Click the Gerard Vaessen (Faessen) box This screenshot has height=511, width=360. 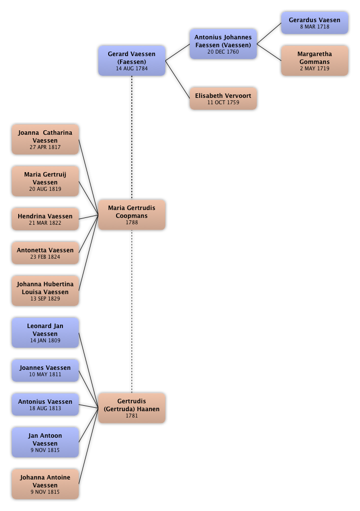(132, 60)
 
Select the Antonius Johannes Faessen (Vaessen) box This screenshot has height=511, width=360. (223, 44)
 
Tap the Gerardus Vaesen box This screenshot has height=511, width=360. (315, 23)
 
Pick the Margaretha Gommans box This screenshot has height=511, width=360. (315, 61)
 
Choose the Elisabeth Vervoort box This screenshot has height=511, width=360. (223, 99)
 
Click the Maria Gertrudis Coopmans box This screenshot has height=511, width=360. (132, 215)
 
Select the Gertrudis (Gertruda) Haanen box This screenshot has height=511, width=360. (132, 408)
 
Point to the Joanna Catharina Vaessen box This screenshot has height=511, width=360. (45, 140)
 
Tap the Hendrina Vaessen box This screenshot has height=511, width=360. (45, 219)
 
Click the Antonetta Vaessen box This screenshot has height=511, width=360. (45, 253)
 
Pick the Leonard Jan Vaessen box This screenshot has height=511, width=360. (45, 333)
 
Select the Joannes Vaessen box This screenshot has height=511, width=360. (45, 370)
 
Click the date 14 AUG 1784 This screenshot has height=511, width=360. (132, 69)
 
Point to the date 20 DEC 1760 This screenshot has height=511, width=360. (223, 52)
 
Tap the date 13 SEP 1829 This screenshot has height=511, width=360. (45, 299)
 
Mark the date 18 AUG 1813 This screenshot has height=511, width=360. (45, 408)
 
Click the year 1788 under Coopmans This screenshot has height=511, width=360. (132, 222)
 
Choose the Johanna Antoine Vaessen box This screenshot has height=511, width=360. (45, 484)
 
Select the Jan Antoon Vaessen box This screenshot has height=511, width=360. (45, 443)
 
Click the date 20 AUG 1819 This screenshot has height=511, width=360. (45, 189)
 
